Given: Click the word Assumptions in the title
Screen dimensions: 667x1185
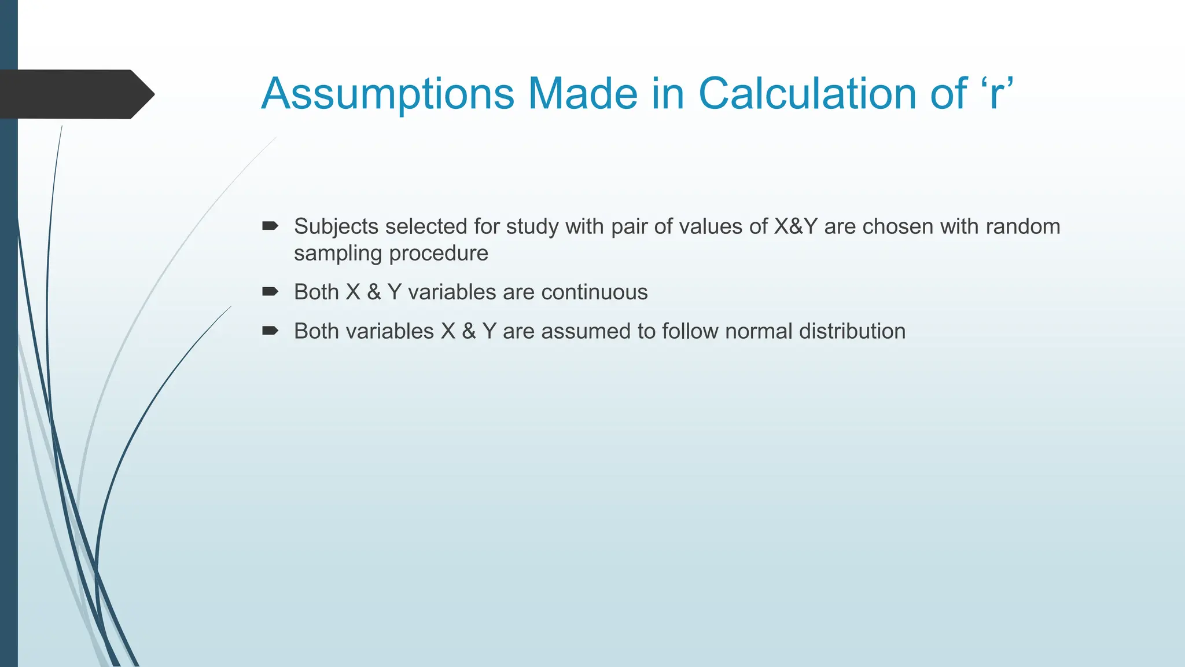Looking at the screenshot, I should click(x=387, y=94).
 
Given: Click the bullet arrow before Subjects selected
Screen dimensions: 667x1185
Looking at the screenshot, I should click(x=270, y=226).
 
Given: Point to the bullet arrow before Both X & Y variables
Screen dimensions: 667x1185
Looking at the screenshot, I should click(x=270, y=291).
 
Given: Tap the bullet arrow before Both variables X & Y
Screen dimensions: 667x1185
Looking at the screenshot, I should click(x=270, y=331).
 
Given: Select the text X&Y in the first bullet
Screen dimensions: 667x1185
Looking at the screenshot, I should click(x=796, y=226).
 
